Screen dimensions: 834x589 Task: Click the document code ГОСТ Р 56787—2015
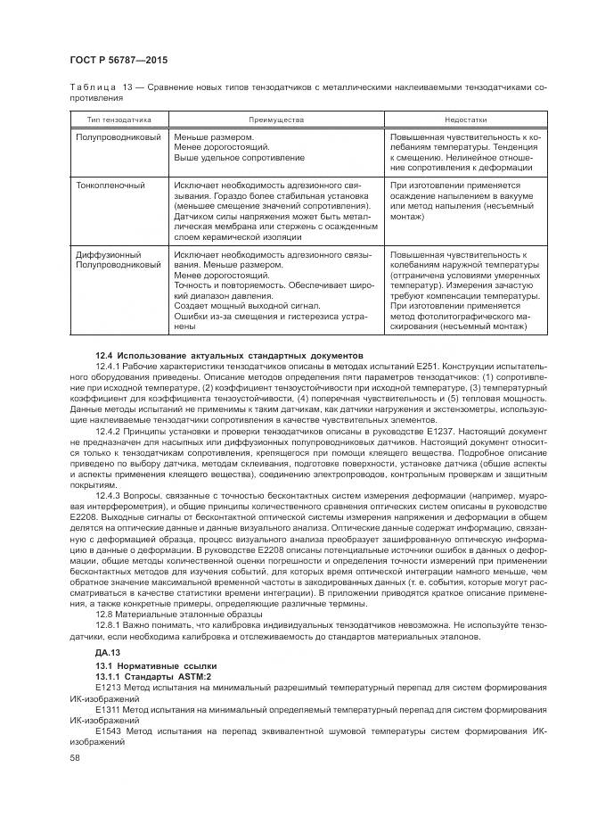pyautogui.click(x=118, y=60)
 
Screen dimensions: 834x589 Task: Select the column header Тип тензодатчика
pyautogui.click(x=119, y=119)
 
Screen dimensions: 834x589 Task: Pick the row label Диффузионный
pyautogui.click(x=108, y=254)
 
